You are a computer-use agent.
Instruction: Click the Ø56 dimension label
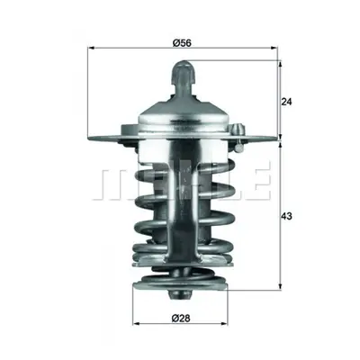182,43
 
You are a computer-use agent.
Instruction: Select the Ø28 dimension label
181,318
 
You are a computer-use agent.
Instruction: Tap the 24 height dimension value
286,102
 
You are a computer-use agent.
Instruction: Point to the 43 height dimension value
286,216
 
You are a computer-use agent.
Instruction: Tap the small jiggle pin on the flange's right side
238,138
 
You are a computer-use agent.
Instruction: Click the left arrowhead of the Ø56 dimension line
91,48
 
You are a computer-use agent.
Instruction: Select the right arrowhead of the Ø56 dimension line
274,48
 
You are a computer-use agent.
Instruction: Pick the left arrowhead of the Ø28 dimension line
137,324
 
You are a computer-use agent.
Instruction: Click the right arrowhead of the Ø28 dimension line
224,324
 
